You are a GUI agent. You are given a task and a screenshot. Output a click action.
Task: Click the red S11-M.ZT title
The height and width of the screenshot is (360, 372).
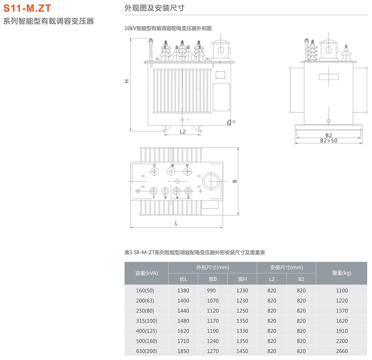27,8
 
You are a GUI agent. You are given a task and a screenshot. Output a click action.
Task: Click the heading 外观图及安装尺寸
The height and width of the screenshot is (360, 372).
154,8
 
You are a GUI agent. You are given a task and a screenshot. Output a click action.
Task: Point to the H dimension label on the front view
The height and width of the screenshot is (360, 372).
127,81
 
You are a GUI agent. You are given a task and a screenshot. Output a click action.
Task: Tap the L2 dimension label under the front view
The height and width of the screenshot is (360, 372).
182,132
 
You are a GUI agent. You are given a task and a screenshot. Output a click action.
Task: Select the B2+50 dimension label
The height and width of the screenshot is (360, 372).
328,141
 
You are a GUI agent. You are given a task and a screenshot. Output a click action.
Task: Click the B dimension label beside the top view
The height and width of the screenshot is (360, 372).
235,181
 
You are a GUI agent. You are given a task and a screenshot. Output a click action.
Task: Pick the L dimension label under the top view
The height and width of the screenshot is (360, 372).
176,223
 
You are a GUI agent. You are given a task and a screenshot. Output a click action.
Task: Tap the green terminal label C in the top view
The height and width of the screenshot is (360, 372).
154,165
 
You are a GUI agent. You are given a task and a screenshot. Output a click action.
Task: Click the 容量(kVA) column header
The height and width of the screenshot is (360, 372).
146,273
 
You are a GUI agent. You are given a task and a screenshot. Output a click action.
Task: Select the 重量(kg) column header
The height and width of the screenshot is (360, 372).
342,273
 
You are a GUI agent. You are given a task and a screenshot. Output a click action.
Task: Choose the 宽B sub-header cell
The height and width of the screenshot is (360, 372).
213,279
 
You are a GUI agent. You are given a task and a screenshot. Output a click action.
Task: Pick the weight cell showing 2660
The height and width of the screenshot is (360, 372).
342,351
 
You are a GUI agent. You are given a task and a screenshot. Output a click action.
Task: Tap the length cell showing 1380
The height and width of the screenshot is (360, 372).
183,291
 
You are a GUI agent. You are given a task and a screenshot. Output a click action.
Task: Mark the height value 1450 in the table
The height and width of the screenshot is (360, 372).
242,351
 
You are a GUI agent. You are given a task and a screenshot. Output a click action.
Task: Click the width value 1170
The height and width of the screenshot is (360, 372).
213,321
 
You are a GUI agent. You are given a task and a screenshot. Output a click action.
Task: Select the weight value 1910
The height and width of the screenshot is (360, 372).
342,331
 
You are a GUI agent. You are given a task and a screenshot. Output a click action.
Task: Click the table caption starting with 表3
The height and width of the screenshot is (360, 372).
195,252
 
